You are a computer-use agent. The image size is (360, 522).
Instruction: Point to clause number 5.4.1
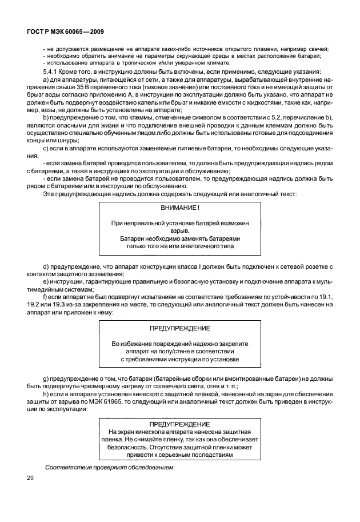point(53,71)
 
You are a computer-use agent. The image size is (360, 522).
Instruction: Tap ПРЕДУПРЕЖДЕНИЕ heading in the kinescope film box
point(180,425)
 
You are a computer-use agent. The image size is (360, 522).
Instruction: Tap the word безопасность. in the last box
point(129,448)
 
